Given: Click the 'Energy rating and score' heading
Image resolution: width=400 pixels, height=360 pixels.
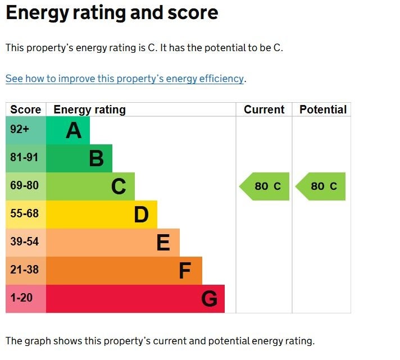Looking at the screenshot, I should [112, 13].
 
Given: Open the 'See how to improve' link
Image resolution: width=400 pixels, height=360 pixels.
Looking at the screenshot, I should [125, 79].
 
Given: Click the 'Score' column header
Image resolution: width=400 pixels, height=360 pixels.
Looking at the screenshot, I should [25, 110].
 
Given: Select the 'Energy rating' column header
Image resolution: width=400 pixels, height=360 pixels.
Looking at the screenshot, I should [89, 110].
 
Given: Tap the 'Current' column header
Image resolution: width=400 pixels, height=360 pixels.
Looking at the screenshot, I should [264, 110].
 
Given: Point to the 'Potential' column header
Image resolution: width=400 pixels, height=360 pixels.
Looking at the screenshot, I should [322, 110].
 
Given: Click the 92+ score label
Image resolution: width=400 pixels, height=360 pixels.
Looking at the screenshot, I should [20, 130].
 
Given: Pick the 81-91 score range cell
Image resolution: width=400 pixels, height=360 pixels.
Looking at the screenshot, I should [25, 158].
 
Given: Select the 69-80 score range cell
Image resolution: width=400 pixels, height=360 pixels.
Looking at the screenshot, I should [25, 186].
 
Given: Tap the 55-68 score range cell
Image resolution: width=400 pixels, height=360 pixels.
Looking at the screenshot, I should [25, 214].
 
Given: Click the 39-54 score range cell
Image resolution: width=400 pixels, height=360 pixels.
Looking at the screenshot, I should [25, 242].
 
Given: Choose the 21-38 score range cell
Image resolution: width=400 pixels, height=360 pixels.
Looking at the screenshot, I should [25, 270].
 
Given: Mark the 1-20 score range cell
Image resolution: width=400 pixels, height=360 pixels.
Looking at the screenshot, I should [21, 298].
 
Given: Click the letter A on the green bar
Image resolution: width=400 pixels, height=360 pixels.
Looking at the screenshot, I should [74, 131].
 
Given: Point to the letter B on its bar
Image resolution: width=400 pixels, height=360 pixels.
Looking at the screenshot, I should [96, 159].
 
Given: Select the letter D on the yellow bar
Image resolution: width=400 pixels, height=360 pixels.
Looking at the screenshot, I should [141, 215].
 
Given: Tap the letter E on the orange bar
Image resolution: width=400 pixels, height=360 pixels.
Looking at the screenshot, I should [163, 243].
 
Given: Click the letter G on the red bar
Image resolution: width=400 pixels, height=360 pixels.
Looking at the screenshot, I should [209, 299].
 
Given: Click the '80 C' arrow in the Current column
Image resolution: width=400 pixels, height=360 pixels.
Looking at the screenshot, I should [265, 186].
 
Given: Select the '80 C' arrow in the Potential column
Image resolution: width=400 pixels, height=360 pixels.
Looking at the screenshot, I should [321, 186].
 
